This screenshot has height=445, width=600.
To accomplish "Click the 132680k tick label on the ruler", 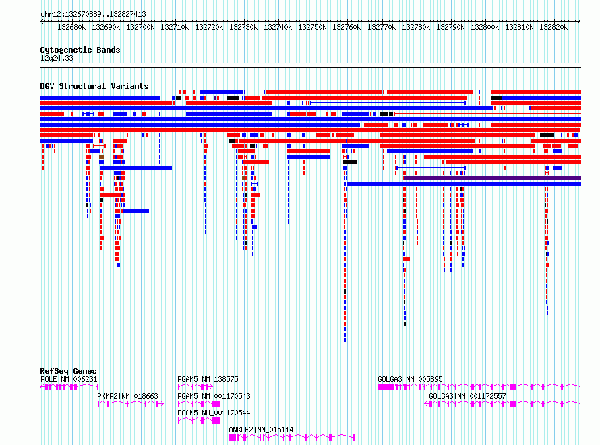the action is click(71, 27).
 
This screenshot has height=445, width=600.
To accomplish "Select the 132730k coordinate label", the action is click(243, 27).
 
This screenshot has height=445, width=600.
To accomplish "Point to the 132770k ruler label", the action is click(382, 27).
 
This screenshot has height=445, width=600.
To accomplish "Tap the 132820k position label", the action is click(553, 27).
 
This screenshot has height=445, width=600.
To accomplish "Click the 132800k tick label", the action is click(485, 27).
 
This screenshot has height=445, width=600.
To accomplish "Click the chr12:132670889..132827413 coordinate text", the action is click(93, 15).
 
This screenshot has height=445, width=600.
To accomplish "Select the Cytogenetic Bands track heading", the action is click(80, 50).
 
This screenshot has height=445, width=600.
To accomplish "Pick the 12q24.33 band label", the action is click(57, 59).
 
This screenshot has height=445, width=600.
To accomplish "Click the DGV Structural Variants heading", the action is click(94, 86).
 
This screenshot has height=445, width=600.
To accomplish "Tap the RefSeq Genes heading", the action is click(68, 371).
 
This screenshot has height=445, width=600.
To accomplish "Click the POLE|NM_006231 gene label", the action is click(69, 379).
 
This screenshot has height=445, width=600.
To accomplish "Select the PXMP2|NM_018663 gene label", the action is click(127, 396).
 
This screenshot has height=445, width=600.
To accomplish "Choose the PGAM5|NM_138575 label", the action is click(208, 379).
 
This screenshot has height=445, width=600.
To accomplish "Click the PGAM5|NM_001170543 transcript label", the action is click(214, 396).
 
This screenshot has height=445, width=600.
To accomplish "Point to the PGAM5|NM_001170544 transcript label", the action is click(214, 413).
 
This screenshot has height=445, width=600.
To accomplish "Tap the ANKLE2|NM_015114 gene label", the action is click(261, 430).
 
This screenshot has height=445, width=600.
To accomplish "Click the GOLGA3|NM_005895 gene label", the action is click(410, 379).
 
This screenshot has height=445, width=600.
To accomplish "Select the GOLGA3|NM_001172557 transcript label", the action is click(467, 396).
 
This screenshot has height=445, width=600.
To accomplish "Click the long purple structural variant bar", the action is click(493, 178).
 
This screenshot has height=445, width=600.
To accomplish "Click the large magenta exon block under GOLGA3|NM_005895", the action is click(386, 387).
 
